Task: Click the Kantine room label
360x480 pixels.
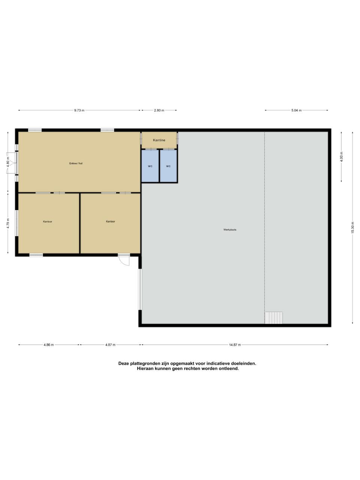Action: pyautogui.click(x=159, y=140)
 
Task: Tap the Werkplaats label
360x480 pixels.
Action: pyautogui.click(x=230, y=229)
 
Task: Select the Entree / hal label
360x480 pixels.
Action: pyautogui.click(x=76, y=163)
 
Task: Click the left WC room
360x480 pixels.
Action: pyautogui.click(x=150, y=166)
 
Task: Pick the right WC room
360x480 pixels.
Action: pyautogui.click(x=168, y=166)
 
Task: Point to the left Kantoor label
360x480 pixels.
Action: pyautogui.click(x=47, y=222)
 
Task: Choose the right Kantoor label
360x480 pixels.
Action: pyautogui.click(x=110, y=221)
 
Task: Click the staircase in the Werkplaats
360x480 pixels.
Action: pyautogui.click(x=273, y=318)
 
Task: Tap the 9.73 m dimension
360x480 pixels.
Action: pyautogui.click(x=79, y=110)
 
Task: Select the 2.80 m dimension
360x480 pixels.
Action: pyautogui.click(x=159, y=110)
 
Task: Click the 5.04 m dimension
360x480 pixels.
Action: pyautogui.click(x=296, y=110)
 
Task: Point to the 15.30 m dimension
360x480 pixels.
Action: pyautogui.click(x=352, y=228)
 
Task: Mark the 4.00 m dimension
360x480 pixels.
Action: pyautogui.click(x=341, y=157)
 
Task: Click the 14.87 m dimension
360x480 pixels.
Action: pyautogui.click(x=235, y=345)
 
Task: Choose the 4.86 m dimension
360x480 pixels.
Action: pyautogui.click(x=48, y=345)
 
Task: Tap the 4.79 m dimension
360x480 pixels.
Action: pyautogui.click(x=8, y=223)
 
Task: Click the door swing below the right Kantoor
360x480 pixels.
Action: pyautogui.click(x=124, y=260)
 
